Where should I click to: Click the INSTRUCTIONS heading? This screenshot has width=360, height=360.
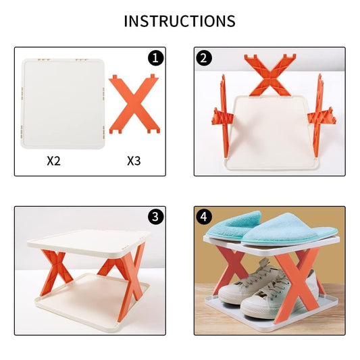(180, 21)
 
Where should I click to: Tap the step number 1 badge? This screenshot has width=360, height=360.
(156, 57)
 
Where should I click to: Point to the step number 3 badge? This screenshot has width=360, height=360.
(156, 217)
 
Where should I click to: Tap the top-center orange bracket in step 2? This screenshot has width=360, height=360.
(269, 74)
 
